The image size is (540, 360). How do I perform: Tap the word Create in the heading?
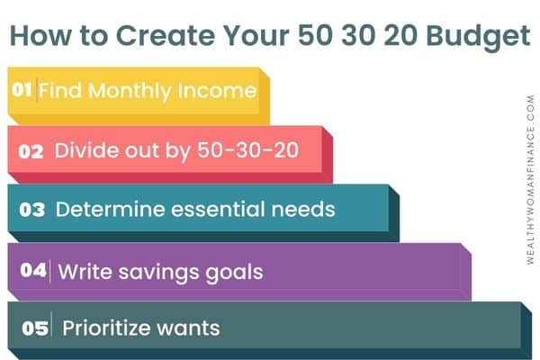click(x=166, y=35)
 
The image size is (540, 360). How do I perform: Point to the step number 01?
click(x=22, y=90)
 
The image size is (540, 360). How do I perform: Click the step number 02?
click(x=31, y=151)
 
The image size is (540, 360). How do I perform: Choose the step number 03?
click(x=32, y=210)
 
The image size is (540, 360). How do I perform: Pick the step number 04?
click(x=33, y=270)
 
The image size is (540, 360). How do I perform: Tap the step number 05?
click(x=35, y=328)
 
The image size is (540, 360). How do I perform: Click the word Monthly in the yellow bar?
click(x=130, y=92)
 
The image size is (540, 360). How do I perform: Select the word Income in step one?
click(x=217, y=91)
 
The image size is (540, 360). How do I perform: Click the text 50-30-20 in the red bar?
click(x=247, y=150)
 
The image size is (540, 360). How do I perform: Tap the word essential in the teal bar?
click(x=219, y=209)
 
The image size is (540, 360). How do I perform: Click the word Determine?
click(x=110, y=209)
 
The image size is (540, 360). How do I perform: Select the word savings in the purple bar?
click(x=158, y=273)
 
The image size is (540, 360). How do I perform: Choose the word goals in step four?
click(x=234, y=273)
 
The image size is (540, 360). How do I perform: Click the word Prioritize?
click(x=106, y=328)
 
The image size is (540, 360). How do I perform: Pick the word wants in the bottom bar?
click(x=188, y=328)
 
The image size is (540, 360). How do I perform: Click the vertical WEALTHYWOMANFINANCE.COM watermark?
click(x=530, y=180)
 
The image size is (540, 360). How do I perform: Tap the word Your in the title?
click(x=256, y=35)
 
